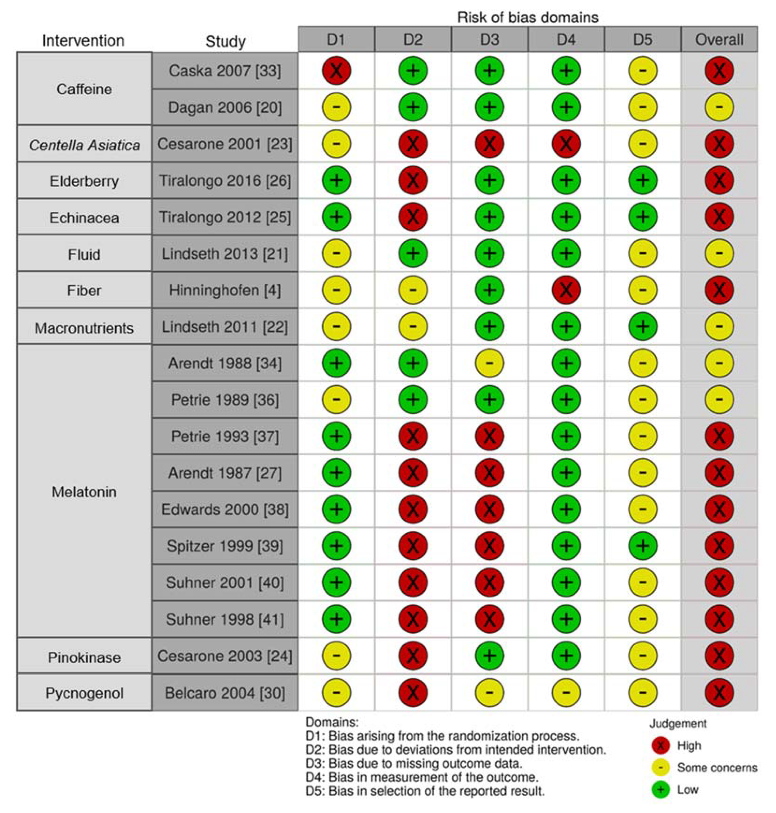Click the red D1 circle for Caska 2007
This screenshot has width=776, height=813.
tap(336, 70)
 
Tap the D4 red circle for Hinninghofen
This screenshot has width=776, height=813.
tap(566, 290)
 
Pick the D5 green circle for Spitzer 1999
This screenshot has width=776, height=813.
tap(642, 546)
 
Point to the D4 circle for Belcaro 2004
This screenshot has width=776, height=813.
tap(566, 693)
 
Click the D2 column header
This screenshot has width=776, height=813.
tap(413, 40)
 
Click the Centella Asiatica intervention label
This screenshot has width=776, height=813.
tap(84, 145)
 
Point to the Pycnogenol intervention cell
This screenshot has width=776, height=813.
tap(84, 693)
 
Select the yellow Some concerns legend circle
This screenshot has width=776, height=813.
tap(661, 768)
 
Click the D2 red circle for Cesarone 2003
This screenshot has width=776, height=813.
tap(413, 656)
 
